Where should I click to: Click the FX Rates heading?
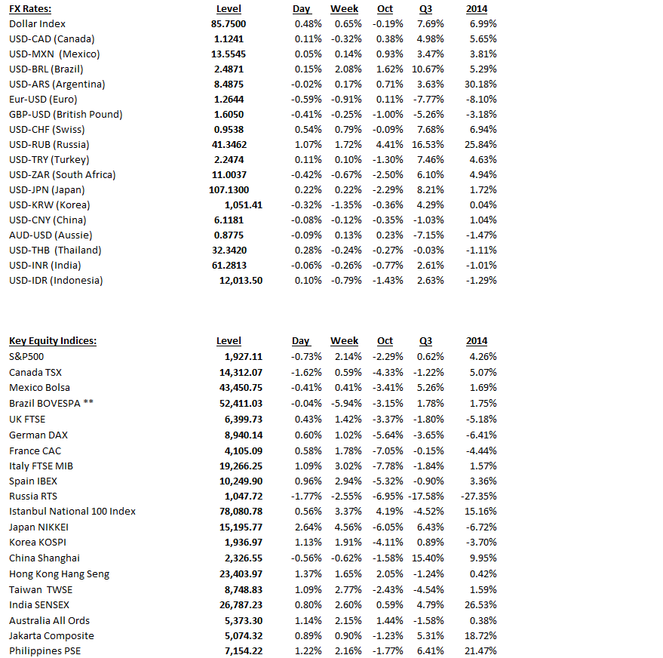tap(30, 8)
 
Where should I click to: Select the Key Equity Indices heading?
tap(53, 341)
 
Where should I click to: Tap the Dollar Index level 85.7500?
tap(229, 23)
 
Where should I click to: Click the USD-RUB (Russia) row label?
tap(49, 144)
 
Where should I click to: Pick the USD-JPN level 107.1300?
tap(228, 189)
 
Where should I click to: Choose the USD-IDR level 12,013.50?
tap(241, 280)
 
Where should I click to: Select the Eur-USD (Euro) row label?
tap(43, 99)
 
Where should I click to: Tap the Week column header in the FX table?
tap(344, 8)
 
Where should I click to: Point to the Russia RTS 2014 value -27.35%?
tap(478, 496)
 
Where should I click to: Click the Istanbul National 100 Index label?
tap(72, 511)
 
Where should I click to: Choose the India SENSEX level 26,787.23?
tap(238, 604)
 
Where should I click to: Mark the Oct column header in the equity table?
tap(385, 341)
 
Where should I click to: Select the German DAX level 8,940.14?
tap(241, 434)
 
